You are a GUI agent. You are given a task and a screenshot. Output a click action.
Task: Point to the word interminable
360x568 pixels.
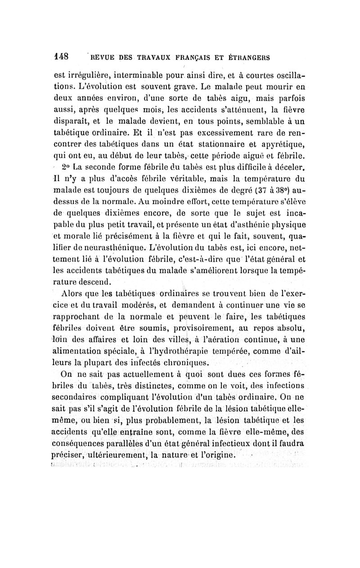pyautogui.click(x=144, y=76)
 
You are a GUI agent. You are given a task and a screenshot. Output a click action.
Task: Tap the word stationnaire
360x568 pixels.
pyautogui.click(x=221, y=145)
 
